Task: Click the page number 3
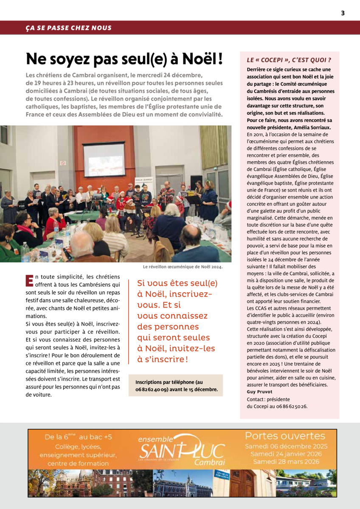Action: (343, 13)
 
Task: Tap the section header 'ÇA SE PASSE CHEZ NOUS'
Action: (68, 28)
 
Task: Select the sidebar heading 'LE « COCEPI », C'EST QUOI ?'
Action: (289, 60)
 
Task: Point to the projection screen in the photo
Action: (104, 160)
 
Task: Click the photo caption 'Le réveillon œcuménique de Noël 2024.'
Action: (183, 267)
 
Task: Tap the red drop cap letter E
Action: (29, 280)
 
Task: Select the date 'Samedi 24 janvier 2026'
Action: (289, 453)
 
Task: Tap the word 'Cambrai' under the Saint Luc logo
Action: (209, 462)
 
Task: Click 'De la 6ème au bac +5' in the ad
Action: (79, 437)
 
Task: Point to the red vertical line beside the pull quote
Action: (129, 322)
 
